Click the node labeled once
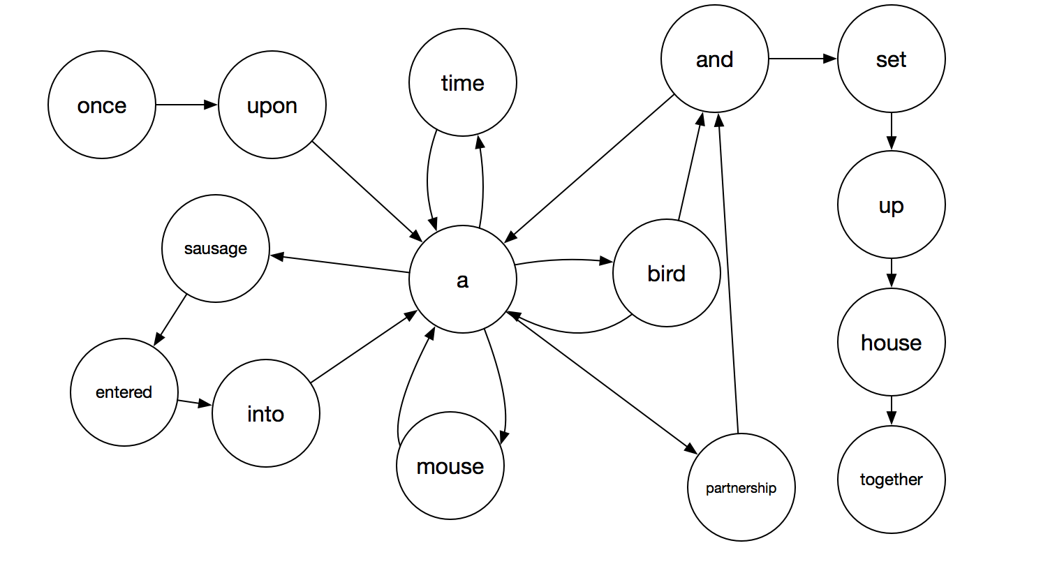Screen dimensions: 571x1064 (x=102, y=105)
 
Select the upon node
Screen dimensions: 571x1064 (x=272, y=105)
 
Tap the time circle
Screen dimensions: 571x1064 (x=463, y=82)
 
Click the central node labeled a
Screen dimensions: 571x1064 (x=463, y=279)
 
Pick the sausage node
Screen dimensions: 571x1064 (x=216, y=249)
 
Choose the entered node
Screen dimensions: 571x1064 (x=124, y=392)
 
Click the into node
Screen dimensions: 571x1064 (x=266, y=413)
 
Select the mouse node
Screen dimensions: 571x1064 (x=450, y=466)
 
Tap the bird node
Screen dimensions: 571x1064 (x=667, y=273)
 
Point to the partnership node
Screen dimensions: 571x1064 (x=741, y=487)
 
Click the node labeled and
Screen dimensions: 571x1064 (x=715, y=59)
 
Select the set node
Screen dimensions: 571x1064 (x=892, y=59)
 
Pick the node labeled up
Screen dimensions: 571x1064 (x=892, y=205)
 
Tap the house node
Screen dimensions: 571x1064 (x=892, y=342)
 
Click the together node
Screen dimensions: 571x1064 (x=892, y=480)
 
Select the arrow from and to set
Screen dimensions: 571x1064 (x=803, y=59)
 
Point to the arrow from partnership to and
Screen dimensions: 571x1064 (x=729, y=272)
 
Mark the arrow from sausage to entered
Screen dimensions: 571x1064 (x=170, y=320)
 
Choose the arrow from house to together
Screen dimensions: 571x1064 (x=892, y=410)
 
